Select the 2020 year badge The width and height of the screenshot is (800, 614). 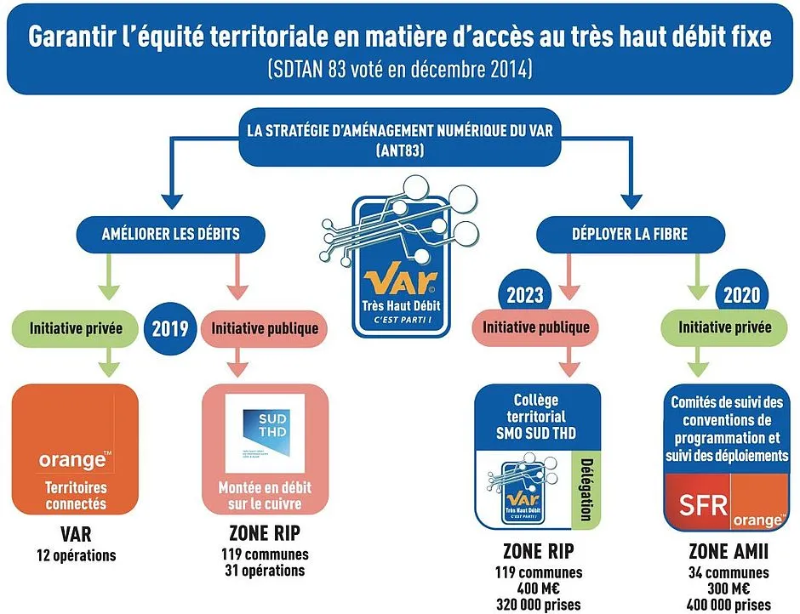pyautogui.click(x=742, y=297)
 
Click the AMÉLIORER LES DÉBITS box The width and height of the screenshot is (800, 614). pyautogui.click(x=170, y=233)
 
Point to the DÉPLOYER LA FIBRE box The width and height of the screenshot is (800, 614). pyautogui.click(x=631, y=233)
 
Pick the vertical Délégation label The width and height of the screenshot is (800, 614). pyautogui.click(x=587, y=490)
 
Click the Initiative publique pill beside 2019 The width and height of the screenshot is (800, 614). pyautogui.click(x=264, y=327)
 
